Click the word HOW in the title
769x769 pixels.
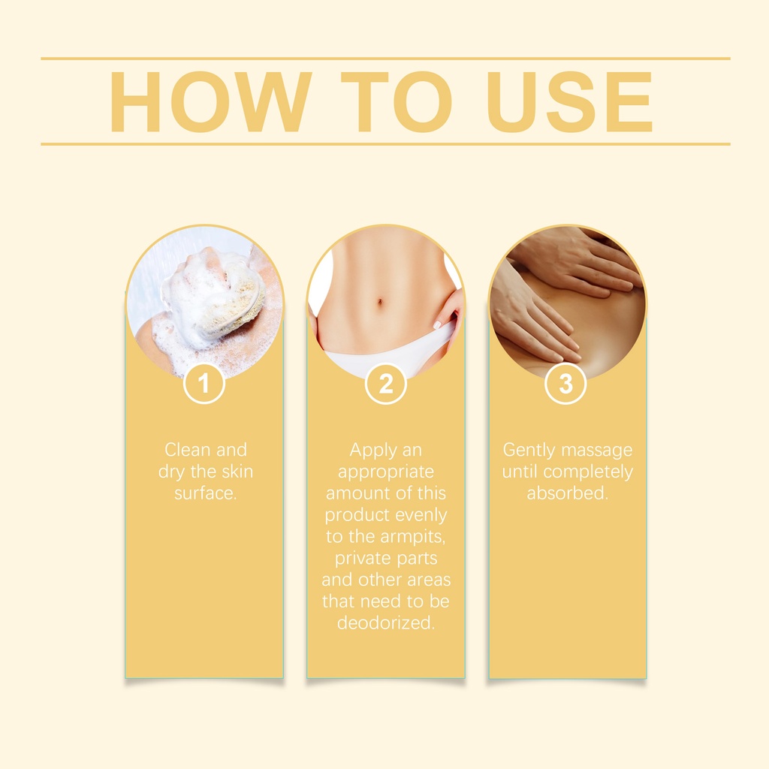(x=211, y=102)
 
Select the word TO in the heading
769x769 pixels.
(x=396, y=102)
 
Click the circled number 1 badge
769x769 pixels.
(x=204, y=383)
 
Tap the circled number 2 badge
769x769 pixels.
(x=386, y=383)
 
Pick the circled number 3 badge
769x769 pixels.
(x=565, y=383)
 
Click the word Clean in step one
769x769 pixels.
(x=185, y=450)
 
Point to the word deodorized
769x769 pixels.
(x=385, y=623)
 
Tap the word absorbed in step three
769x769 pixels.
(x=566, y=493)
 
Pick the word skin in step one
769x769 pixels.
(x=237, y=472)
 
